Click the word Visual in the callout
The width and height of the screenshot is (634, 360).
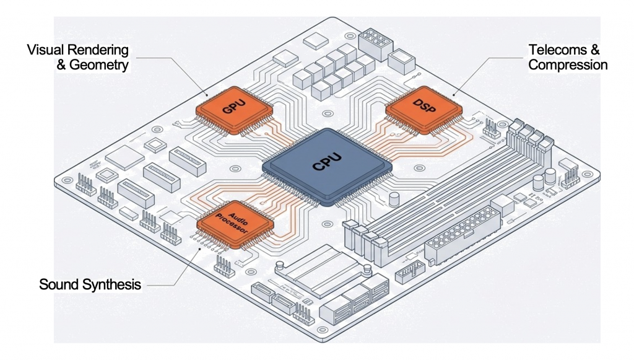point(46,50)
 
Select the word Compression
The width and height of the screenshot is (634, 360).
point(568,65)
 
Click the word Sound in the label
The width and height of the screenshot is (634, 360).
point(54,285)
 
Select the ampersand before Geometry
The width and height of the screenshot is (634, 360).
point(61,65)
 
